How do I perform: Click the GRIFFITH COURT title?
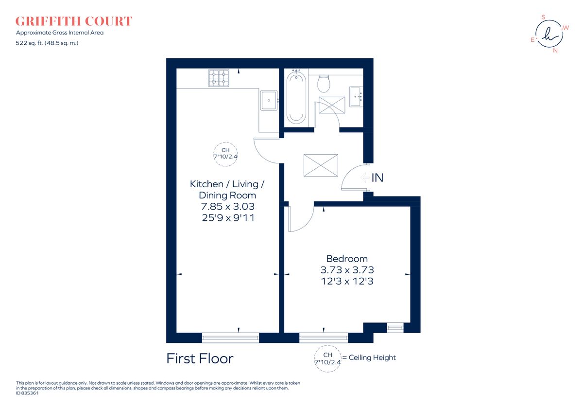(74, 21)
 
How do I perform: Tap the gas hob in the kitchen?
(219, 78)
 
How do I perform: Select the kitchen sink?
(269, 101)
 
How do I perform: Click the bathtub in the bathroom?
(296, 97)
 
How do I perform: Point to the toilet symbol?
(324, 84)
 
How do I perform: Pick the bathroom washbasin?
(356, 97)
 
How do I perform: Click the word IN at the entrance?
(377, 178)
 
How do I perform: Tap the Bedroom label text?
(347, 259)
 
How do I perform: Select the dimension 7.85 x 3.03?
(228, 207)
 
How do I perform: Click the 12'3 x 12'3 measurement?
(347, 281)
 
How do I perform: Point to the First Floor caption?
(200, 359)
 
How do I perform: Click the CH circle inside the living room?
(225, 154)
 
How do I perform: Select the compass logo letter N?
(555, 50)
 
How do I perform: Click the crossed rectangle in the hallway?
(320, 165)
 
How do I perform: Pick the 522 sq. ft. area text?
(47, 43)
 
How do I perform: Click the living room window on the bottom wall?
(230, 338)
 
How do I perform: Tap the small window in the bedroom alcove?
(395, 328)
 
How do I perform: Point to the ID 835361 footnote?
(27, 393)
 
